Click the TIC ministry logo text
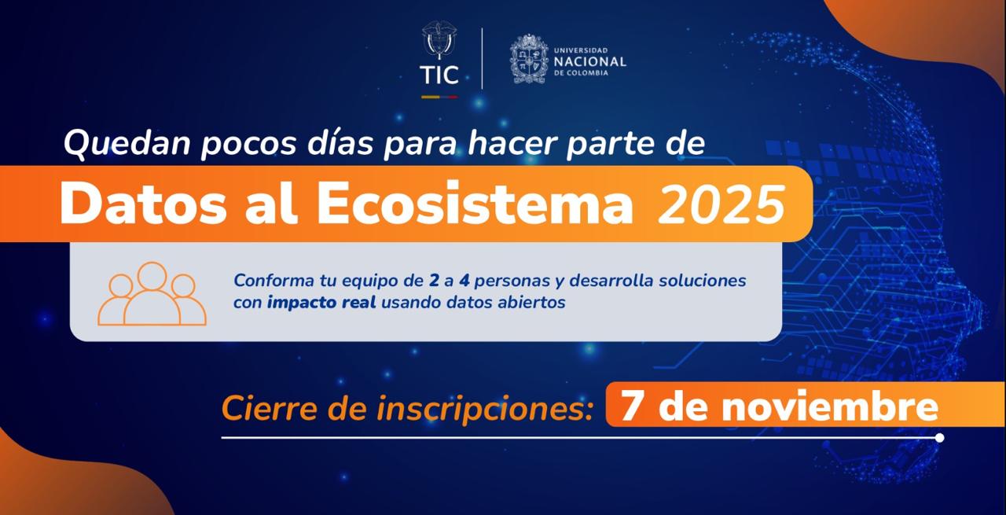click(x=439, y=75)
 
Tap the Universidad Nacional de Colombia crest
click(x=529, y=58)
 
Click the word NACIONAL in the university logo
click(x=589, y=61)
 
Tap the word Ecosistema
click(x=475, y=204)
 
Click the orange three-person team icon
click(x=152, y=294)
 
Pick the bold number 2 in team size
click(x=434, y=281)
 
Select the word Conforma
click(x=268, y=281)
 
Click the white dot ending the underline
click(x=939, y=437)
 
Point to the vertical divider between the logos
click(x=482, y=58)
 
